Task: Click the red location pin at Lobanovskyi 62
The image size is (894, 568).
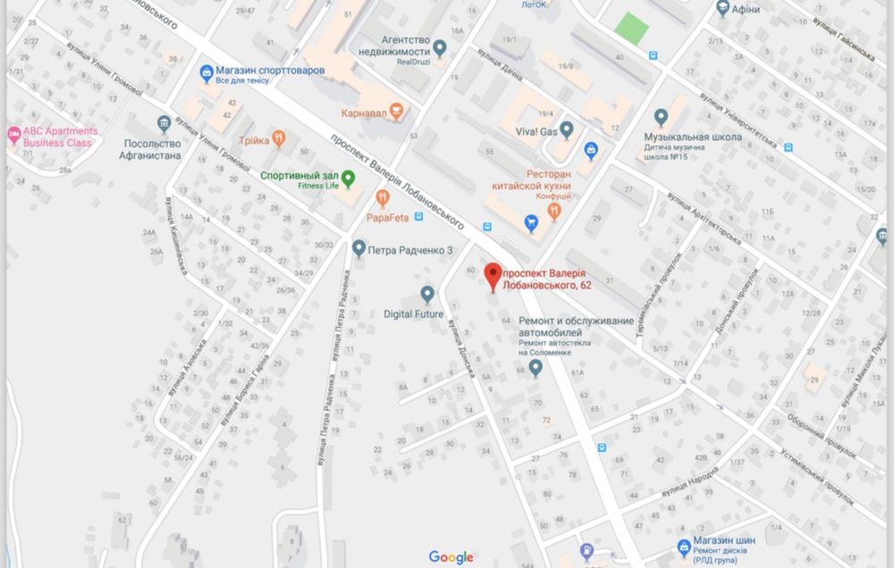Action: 492,274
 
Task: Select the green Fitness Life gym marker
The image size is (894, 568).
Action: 348,176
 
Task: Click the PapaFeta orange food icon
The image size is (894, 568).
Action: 383,198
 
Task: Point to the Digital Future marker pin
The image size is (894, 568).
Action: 427,293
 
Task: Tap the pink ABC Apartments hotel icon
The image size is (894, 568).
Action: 13,136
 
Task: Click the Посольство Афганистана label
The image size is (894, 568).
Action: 151,149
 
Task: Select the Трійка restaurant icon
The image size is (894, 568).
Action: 279,138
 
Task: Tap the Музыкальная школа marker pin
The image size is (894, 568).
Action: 661,117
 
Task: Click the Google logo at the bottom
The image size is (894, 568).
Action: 451,557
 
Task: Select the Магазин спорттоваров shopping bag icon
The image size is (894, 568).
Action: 207,70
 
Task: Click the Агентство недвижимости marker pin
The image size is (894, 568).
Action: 440,46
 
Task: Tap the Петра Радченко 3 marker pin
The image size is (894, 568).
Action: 358,247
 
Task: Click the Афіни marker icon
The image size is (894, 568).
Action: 722,9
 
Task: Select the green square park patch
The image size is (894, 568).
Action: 632,28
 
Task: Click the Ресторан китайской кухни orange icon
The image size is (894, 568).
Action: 554,211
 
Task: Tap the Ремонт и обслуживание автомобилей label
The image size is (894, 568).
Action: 577,326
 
